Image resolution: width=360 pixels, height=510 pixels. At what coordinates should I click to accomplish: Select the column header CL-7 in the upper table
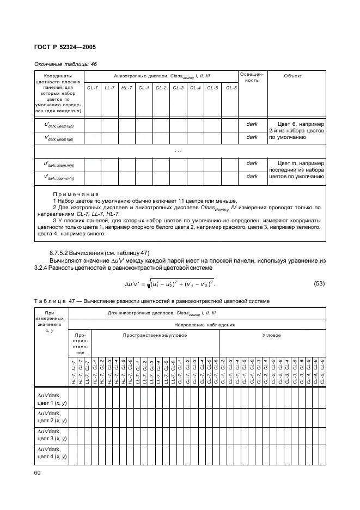click(x=93, y=88)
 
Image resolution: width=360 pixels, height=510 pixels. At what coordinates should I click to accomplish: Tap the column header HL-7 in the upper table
click(x=127, y=88)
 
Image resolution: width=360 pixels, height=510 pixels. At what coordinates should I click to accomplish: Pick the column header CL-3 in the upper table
click(x=178, y=88)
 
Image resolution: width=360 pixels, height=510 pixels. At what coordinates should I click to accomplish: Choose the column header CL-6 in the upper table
click(x=230, y=88)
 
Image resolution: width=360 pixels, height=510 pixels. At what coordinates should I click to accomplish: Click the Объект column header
click(x=293, y=76)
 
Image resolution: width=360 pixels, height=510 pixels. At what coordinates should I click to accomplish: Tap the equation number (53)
click(x=321, y=283)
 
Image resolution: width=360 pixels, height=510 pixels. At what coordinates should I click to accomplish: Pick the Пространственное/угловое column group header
click(x=155, y=335)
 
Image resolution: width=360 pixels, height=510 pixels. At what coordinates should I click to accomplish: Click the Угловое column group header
click(x=272, y=335)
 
